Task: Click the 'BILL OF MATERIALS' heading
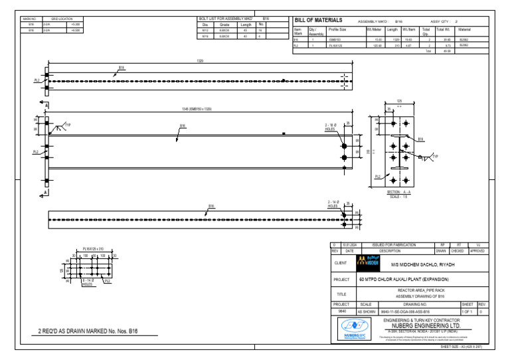[x=319, y=21]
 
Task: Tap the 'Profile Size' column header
[x=337, y=30]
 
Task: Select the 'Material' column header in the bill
[x=464, y=30]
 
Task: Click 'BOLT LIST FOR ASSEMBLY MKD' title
[x=226, y=19]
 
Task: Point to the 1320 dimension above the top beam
[x=200, y=61]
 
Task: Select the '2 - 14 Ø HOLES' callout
[x=333, y=203]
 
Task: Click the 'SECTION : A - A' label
[x=398, y=193]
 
